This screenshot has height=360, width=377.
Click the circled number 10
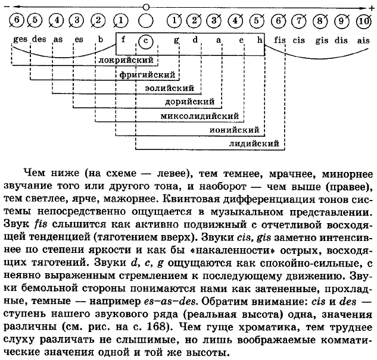(x=363, y=20)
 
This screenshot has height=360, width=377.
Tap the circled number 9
(x=342, y=20)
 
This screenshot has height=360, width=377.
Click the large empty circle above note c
(x=145, y=20)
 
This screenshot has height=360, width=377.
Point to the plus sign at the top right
(x=371, y=5)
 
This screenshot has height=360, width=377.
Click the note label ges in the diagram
(x=19, y=40)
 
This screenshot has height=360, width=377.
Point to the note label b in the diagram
(x=101, y=40)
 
